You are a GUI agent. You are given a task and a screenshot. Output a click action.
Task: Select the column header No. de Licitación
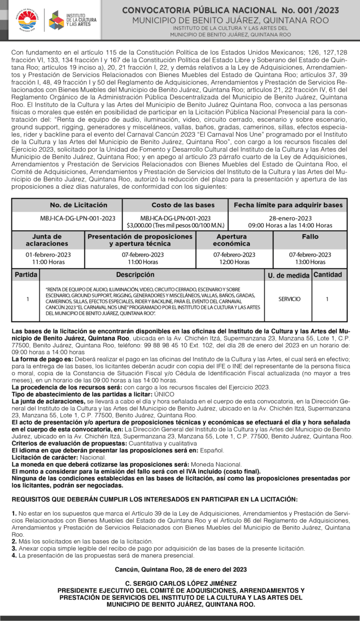78,205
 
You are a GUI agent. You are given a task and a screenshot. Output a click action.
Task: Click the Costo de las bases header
176,205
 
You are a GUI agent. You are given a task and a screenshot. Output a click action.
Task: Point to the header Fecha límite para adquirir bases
288,205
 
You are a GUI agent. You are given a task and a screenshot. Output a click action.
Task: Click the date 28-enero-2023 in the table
290,218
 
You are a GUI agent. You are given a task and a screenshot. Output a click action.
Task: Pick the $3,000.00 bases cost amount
175,226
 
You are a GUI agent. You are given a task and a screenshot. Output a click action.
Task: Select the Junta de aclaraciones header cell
47,240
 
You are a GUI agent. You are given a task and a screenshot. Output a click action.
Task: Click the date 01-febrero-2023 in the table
48,255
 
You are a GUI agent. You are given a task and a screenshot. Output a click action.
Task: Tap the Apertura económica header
234,240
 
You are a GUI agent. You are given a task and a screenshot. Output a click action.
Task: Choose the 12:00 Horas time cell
234,262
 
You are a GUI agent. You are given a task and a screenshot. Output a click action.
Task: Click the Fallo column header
310,236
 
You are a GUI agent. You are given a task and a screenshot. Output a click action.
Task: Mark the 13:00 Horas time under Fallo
310,262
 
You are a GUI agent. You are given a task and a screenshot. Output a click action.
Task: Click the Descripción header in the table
135,275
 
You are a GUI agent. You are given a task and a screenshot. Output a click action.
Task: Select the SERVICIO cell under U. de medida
289,299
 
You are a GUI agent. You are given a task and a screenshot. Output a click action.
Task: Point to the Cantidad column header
327,275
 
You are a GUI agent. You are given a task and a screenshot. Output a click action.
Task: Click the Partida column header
26,275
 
